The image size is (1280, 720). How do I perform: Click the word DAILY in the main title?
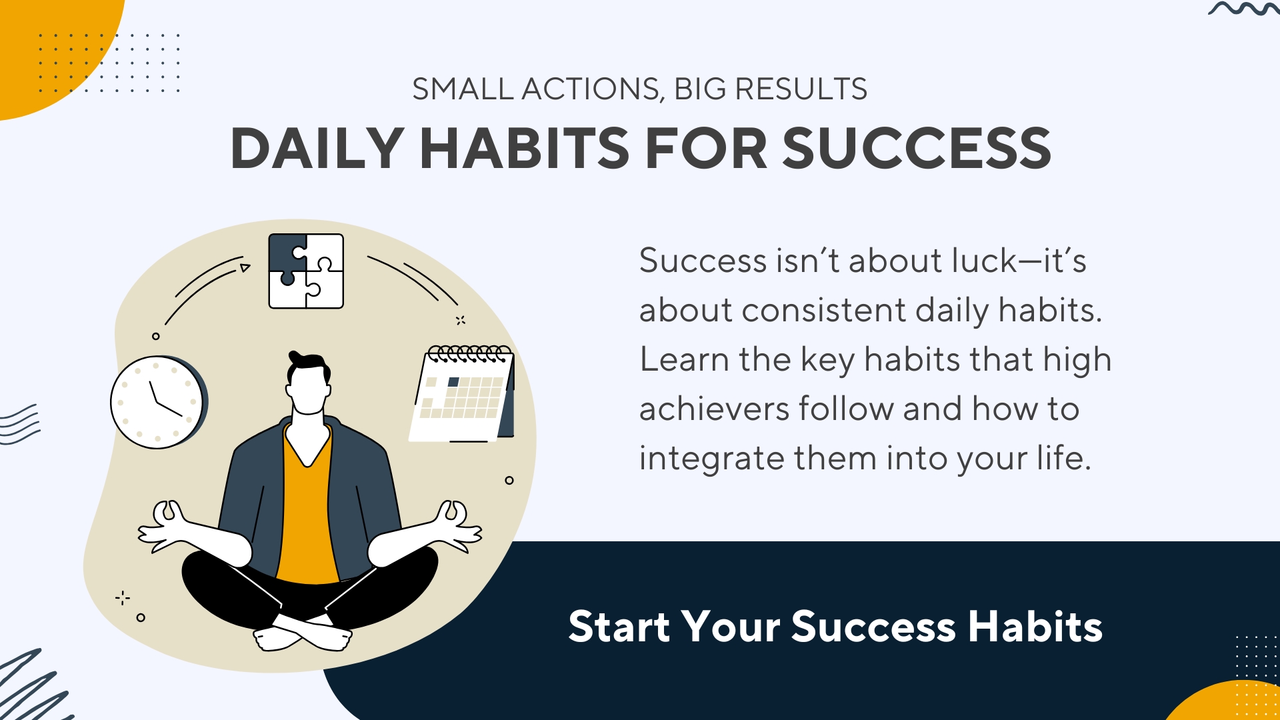[x=317, y=148]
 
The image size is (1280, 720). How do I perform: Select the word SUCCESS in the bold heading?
[x=917, y=148]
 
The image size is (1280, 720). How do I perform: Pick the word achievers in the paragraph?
[x=714, y=409]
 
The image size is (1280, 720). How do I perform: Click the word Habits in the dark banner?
[x=1035, y=627]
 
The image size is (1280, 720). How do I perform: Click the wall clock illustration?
[x=159, y=402]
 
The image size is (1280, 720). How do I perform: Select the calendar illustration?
[x=462, y=393]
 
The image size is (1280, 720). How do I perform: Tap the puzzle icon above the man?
[x=306, y=271]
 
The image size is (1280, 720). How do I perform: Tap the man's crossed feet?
[x=303, y=633]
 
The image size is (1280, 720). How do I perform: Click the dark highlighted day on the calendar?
[x=454, y=382]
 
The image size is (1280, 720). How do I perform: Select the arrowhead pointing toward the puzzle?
[x=245, y=268]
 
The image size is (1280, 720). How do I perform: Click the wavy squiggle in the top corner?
[x=1244, y=9]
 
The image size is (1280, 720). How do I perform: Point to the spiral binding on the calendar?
[x=470, y=353]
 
